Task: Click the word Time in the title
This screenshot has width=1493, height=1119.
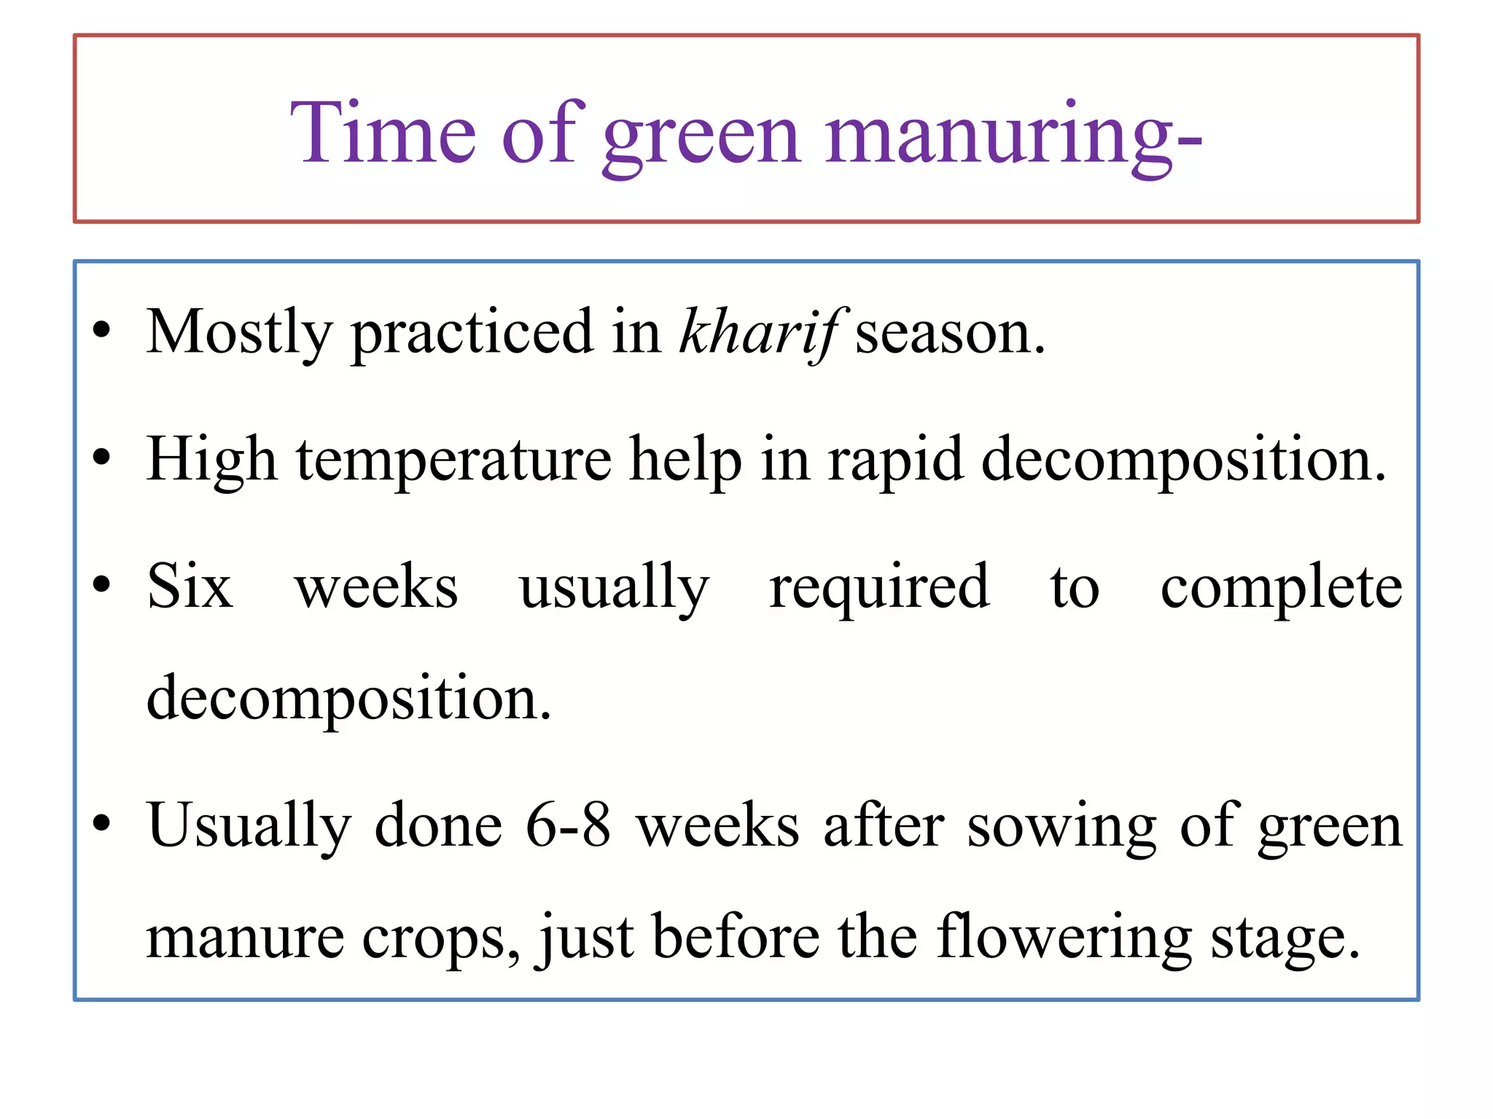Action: tap(383, 133)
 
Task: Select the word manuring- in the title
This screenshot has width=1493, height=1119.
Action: tap(1013, 135)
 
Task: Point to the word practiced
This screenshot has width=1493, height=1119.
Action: tap(472, 334)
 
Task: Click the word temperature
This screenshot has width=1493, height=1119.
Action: tap(453, 460)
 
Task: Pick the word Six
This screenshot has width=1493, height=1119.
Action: tap(190, 587)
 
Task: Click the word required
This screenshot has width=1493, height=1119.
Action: tap(879, 589)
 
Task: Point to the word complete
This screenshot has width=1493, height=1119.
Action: tap(1281, 589)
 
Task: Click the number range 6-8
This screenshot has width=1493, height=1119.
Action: tap(568, 826)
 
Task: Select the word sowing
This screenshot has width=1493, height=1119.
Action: tap(1061, 828)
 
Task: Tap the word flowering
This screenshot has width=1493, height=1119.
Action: tap(1064, 938)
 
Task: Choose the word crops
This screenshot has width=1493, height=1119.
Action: tap(441, 940)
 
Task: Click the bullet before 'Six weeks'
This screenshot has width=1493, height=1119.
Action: tap(102, 584)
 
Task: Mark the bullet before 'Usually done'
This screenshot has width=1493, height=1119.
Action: tap(102, 823)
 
